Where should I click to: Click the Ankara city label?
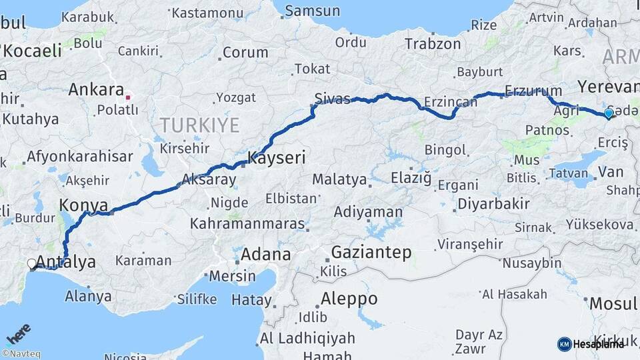pyautogui.click(x=96, y=89)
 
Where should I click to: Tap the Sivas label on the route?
pyautogui.click(x=331, y=99)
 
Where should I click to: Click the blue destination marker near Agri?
pyautogui.click(x=608, y=114)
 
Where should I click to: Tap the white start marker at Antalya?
pyautogui.click(x=32, y=264)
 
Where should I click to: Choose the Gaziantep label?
pyautogui.click(x=371, y=253)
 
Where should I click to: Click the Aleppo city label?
pyautogui.click(x=349, y=298)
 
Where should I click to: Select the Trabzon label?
pyautogui.click(x=433, y=44)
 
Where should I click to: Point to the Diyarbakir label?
pyautogui.click(x=493, y=204)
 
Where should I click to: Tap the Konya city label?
pyautogui.click(x=83, y=204)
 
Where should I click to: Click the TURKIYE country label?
pyautogui.click(x=199, y=125)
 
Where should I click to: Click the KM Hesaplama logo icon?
pyautogui.click(x=564, y=344)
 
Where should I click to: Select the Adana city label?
pyautogui.click(x=265, y=254)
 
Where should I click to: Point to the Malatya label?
pyautogui.click(x=339, y=179)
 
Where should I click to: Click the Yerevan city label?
pyautogui.click(x=608, y=87)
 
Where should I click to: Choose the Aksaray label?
pyautogui.click(x=209, y=179)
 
